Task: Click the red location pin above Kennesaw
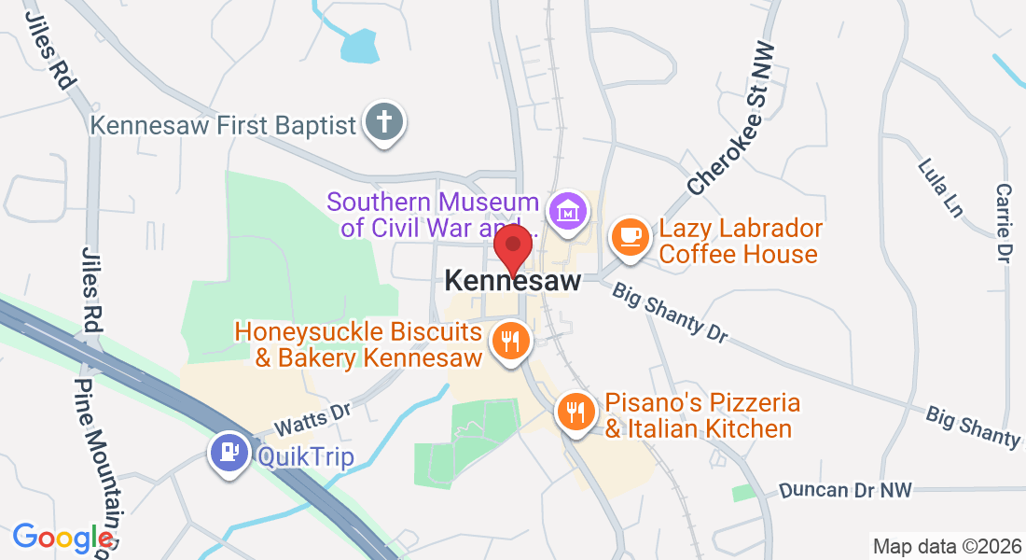coord(512,248)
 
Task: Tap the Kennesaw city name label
coord(513,280)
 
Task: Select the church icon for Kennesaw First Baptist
coord(383,122)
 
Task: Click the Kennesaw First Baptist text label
coord(224,124)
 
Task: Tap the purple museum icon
coord(566,212)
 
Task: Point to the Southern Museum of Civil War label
coord(433,215)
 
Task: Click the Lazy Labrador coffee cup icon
coord(631,235)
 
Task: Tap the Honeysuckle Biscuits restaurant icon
coord(509,340)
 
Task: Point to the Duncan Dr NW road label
coord(845,489)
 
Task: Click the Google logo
coord(62,538)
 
